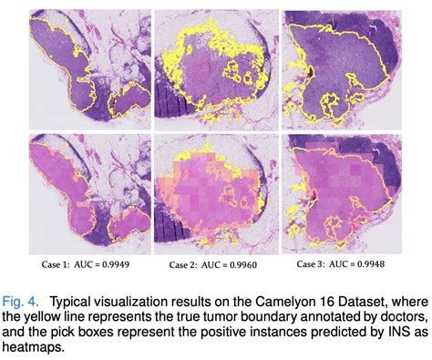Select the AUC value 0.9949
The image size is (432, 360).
(x=123, y=265)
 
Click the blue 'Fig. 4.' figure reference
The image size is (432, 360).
(x=28, y=297)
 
